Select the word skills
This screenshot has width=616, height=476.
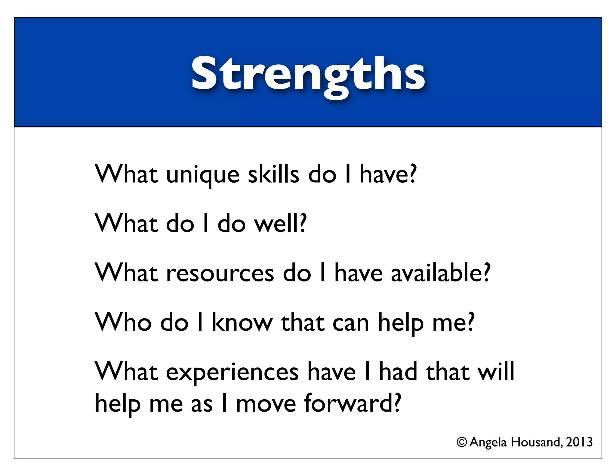(x=273, y=175)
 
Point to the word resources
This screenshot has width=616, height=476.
(x=220, y=273)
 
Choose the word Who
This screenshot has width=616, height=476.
(x=123, y=323)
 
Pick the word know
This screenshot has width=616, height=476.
(x=242, y=323)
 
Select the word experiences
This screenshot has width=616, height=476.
(x=232, y=372)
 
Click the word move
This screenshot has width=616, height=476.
(x=266, y=404)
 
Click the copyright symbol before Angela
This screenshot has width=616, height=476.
(x=462, y=442)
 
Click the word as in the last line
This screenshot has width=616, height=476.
(x=202, y=404)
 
